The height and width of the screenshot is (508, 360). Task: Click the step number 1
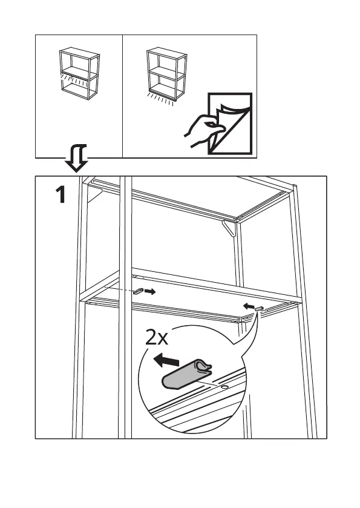61,195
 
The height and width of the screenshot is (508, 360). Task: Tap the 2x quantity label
157,337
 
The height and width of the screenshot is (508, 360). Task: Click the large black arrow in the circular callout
166,360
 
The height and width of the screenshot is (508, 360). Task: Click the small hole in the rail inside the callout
224,387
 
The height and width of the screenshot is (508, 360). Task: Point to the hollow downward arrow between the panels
77,158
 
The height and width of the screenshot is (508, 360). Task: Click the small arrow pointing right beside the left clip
150,292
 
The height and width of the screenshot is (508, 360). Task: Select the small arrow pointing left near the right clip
249,306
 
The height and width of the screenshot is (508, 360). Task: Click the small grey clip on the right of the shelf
260,308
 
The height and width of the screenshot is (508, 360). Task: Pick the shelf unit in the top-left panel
79,73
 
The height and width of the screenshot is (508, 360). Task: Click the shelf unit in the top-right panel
167,74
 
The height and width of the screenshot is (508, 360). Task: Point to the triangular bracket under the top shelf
229,228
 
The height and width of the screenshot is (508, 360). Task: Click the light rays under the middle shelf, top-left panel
74,80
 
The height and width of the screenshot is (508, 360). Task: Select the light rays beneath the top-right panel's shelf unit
160,99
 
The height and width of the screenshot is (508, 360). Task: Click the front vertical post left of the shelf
125,307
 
